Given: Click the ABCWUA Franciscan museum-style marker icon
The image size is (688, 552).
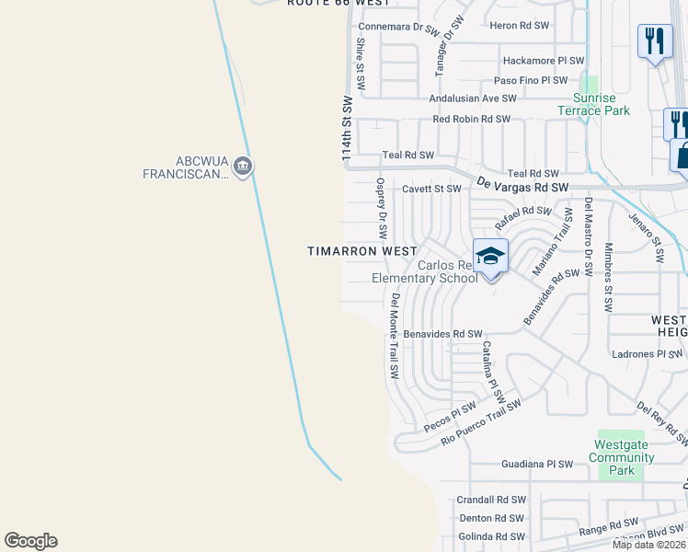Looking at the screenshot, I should [x=243, y=167].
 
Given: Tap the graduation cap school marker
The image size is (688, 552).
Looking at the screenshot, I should [x=490, y=256].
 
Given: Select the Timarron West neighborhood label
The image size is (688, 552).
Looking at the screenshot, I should [x=361, y=251].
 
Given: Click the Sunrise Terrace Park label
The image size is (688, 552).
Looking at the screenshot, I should [x=593, y=104].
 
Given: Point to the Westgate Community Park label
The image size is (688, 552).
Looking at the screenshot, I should [x=622, y=457].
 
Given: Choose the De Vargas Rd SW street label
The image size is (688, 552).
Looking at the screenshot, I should [x=521, y=186].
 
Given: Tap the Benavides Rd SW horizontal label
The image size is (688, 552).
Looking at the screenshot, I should [x=442, y=334].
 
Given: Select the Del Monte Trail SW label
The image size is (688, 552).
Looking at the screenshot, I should [x=394, y=336].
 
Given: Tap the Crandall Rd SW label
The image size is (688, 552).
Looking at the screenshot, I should [x=491, y=500].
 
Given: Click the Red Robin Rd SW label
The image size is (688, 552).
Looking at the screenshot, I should [x=471, y=120].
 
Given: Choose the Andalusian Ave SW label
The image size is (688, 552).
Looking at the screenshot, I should [x=473, y=98].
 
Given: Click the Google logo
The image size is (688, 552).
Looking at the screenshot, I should [x=31, y=541].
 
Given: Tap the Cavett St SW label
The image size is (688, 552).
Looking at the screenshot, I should [x=431, y=189].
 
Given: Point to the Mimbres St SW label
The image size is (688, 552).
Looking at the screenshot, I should [x=608, y=277].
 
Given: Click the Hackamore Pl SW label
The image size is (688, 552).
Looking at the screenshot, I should [x=543, y=61].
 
